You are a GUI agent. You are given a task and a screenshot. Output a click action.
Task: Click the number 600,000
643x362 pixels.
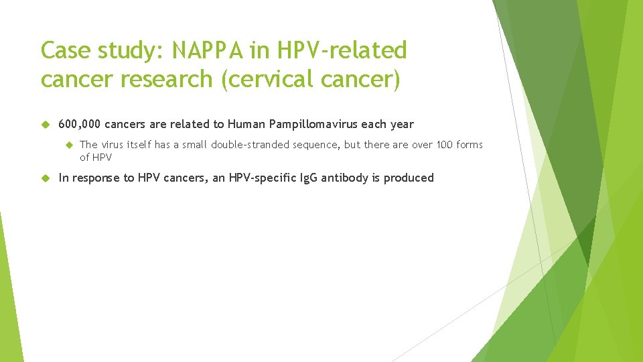[80, 124]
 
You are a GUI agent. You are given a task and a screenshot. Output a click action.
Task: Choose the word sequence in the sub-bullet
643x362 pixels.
[317, 145]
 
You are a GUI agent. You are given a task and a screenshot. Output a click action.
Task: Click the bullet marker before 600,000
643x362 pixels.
[46, 124]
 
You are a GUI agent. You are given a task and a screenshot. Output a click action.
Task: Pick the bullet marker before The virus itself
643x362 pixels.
[68, 145]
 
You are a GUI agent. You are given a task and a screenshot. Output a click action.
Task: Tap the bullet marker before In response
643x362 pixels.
[46, 178]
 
